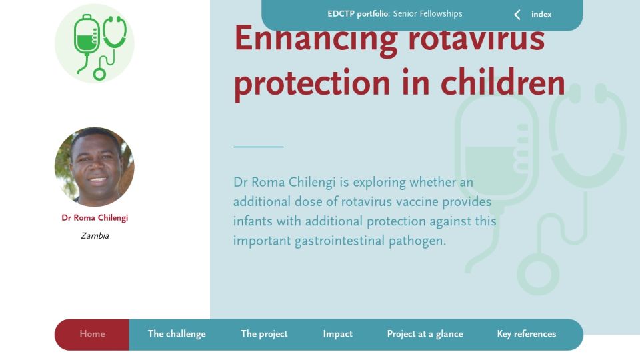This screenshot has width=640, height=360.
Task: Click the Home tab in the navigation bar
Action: (x=92, y=334)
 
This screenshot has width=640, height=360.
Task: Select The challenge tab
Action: (x=177, y=334)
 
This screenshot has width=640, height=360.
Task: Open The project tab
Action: (x=264, y=334)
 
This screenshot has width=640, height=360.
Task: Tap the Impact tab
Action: (x=337, y=334)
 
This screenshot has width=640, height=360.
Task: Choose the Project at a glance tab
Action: (x=425, y=334)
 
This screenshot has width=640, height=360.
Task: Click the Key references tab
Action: (x=527, y=334)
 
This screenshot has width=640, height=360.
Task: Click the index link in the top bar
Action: (x=541, y=14)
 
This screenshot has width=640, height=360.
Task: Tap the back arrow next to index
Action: (x=517, y=15)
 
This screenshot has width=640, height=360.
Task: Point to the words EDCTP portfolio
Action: (x=359, y=14)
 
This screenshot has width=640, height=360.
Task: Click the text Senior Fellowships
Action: (x=428, y=14)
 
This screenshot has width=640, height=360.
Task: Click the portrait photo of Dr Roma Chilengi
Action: (x=94, y=167)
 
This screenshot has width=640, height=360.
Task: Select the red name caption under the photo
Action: (x=95, y=217)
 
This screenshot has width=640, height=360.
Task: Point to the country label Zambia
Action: (x=95, y=235)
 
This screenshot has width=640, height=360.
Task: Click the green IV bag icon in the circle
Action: (x=86, y=43)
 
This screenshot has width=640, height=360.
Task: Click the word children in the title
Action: (x=503, y=83)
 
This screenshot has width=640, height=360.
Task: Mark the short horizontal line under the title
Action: (x=259, y=146)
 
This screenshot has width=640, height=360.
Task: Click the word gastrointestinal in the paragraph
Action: (x=339, y=241)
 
